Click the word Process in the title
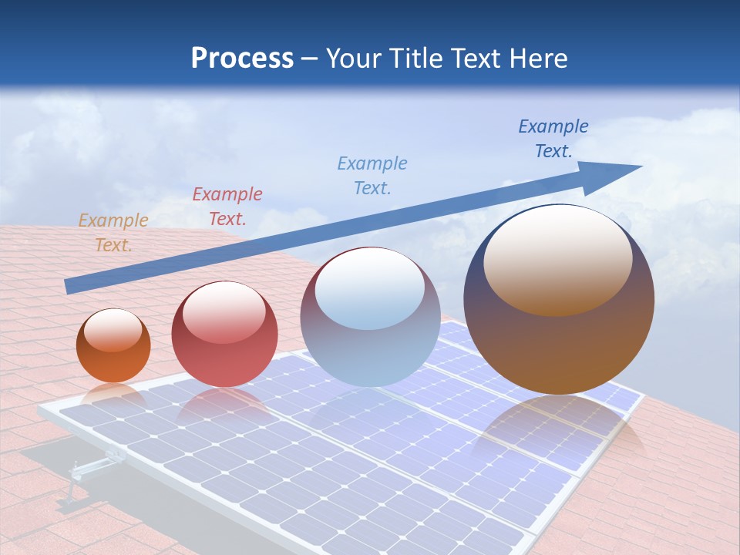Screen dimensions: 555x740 point(242,58)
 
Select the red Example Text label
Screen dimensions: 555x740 point(227,207)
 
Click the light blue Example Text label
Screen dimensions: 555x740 point(372,175)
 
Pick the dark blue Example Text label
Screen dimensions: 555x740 point(553,139)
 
